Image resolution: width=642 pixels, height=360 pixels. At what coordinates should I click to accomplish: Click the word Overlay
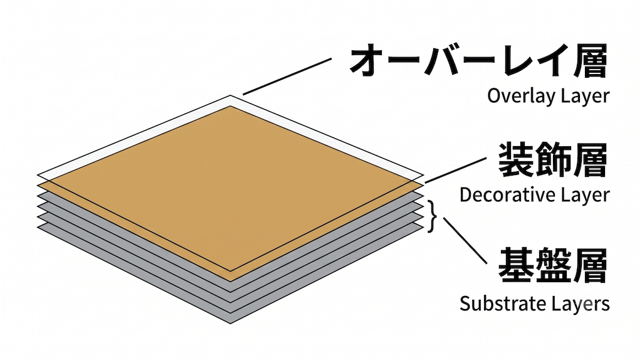(x=520, y=97)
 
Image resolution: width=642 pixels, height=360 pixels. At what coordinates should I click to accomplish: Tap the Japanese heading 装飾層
(x=553, y=160)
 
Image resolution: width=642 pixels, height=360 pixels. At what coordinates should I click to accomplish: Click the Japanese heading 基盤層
(x=553, y=265)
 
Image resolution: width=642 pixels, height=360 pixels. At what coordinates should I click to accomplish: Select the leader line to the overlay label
(x=287, y=77)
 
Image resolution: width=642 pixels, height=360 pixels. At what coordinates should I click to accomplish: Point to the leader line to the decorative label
(x=455, y=171)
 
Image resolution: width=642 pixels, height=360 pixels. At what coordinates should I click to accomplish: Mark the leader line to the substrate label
(x=465, y=240)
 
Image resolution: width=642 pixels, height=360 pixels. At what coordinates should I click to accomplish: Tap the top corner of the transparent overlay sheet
(x=231, y=95)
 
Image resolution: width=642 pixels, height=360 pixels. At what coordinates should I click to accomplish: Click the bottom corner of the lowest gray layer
(x=231, y=324)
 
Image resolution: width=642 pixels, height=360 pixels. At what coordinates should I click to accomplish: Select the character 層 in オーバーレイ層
(x=589, y=61)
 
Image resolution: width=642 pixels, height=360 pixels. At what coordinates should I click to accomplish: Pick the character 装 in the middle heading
(x=516, y=160)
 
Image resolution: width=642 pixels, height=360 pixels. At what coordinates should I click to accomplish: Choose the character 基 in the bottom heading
(x=516, y=265)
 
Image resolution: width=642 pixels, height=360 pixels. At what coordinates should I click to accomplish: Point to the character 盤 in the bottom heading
(x=553, y=265)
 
